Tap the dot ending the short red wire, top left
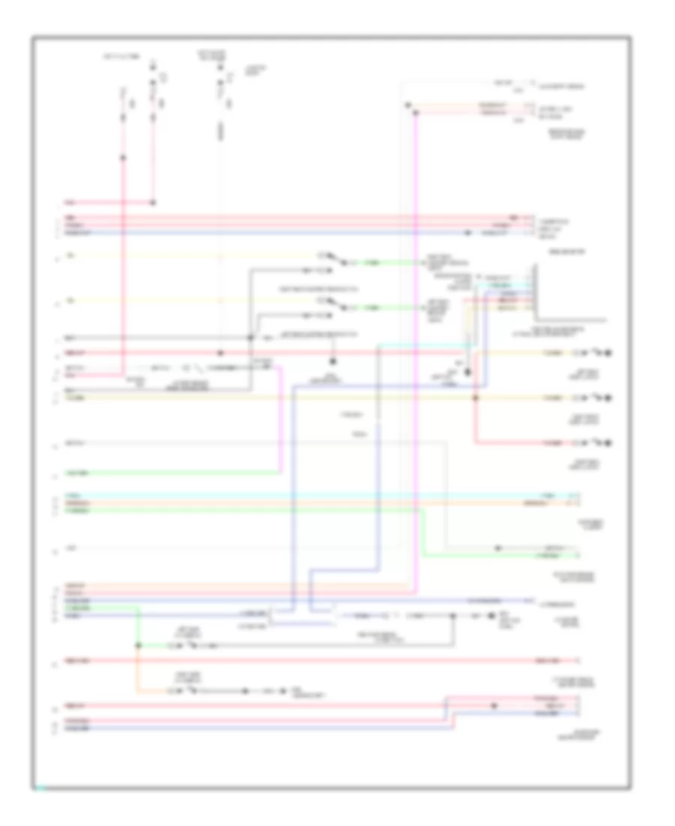pyautogui.click(x=154, y=202)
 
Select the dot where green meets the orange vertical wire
pyautogui.click(x=136, y=645)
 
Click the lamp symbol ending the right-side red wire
pyautogui.click(x=609, y=443)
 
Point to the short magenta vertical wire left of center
pyautogui.click(x=281, y=421)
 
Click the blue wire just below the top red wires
pyautogui.click(x=262, y=233)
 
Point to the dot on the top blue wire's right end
pyautogui.click(x=468, y=233)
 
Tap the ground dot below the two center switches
pyautogui.click(x=332, y=360)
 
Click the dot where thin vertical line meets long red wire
pyautogui.click(x=220, y=352)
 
